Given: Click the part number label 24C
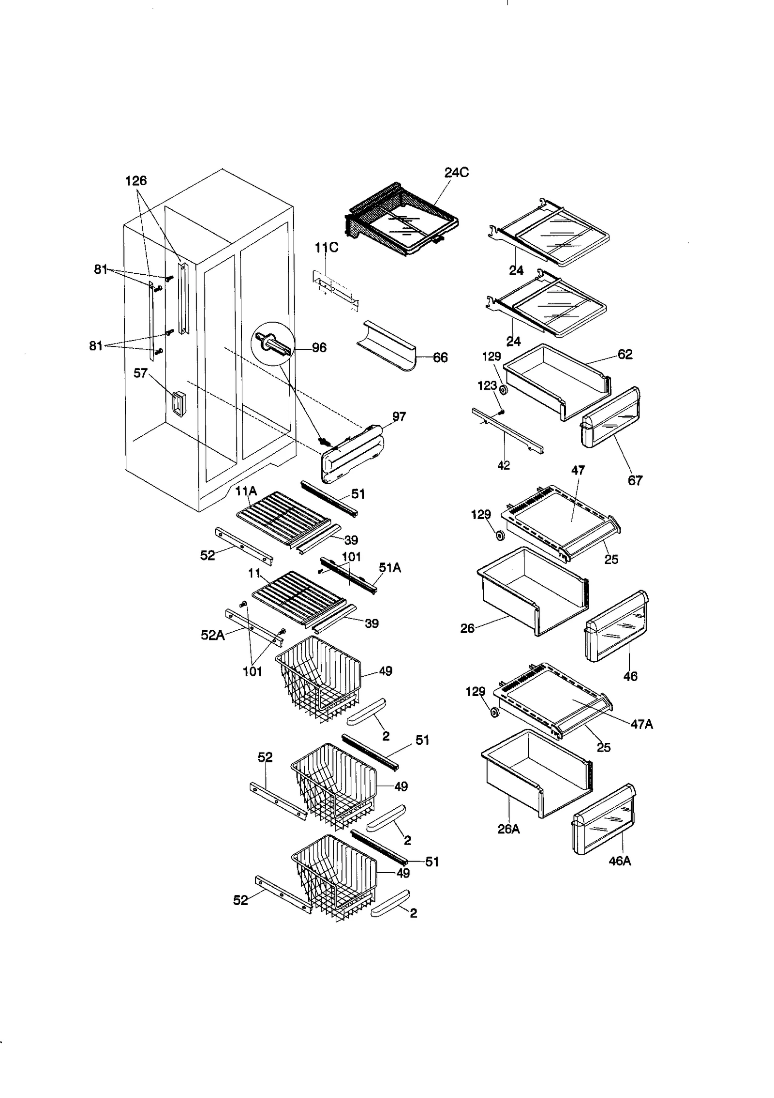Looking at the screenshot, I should pos(456,173).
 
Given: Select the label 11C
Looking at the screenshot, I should pos(327,248).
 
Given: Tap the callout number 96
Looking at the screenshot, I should pos(319,348).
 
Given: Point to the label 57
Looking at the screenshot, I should pos(140,373).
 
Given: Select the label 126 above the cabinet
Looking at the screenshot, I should pos(136,181).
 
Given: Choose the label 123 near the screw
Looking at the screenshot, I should pos(487,386).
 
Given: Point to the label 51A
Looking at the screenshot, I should pos(390,568).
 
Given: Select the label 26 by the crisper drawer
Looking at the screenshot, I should pos(467,629).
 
